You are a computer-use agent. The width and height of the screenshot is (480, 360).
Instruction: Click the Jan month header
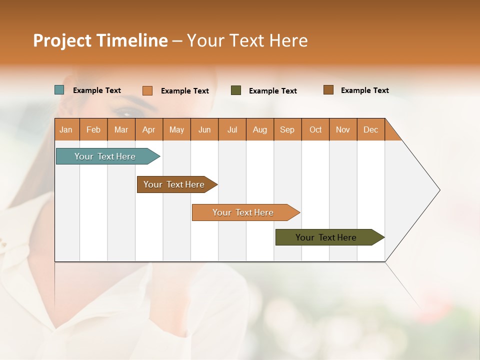point(66,129)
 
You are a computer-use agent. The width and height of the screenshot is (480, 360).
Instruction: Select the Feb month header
point(93,129)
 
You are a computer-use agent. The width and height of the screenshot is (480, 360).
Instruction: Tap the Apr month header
point(149,129)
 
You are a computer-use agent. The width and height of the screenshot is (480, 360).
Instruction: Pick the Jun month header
point(204,129)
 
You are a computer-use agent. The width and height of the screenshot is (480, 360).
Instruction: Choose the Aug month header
point(260,129)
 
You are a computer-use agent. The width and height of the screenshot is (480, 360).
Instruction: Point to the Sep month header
point(287,129)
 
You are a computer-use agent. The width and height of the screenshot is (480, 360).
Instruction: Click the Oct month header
point(315,129)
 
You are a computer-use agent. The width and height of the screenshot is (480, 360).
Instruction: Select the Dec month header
point(371,129)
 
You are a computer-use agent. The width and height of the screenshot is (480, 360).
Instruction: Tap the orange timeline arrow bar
point(243,212)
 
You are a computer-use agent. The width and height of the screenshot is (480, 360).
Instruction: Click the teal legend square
point(59,90)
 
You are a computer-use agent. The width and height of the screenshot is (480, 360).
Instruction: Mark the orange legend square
point(147,90)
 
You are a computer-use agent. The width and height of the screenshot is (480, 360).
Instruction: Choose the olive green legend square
point(236,90)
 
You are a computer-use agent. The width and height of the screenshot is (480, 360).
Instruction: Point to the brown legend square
point(328,90)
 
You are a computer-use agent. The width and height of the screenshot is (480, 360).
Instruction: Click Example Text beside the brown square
point(364,90)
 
